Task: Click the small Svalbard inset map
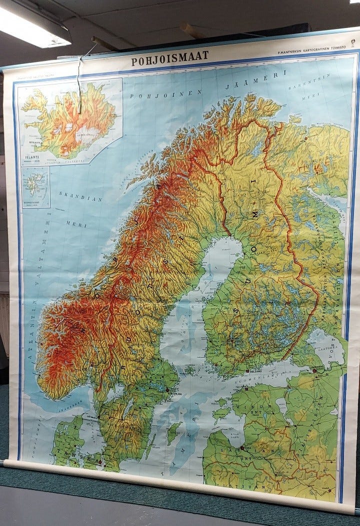pos(36,187)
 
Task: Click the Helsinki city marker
pos(248,372)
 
